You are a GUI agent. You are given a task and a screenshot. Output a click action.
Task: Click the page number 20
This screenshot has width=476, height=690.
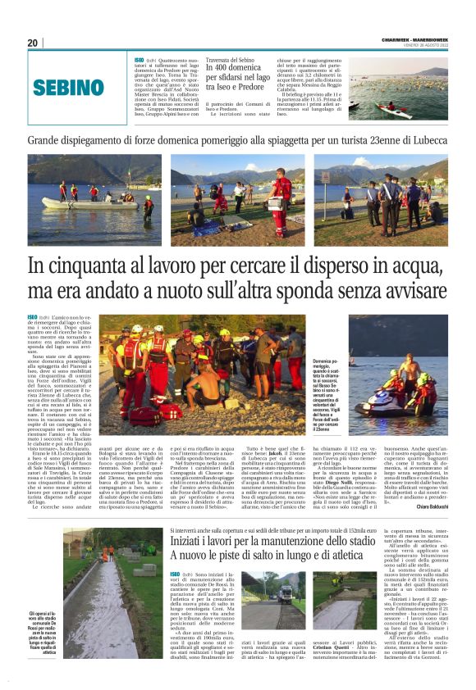click(x=33, y=43)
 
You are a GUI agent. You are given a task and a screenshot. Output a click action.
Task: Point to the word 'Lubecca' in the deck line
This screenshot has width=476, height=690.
click(x=421, y=141)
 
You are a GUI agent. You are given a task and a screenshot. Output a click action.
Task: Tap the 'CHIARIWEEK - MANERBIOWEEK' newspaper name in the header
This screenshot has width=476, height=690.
click(x=415, y=40)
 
